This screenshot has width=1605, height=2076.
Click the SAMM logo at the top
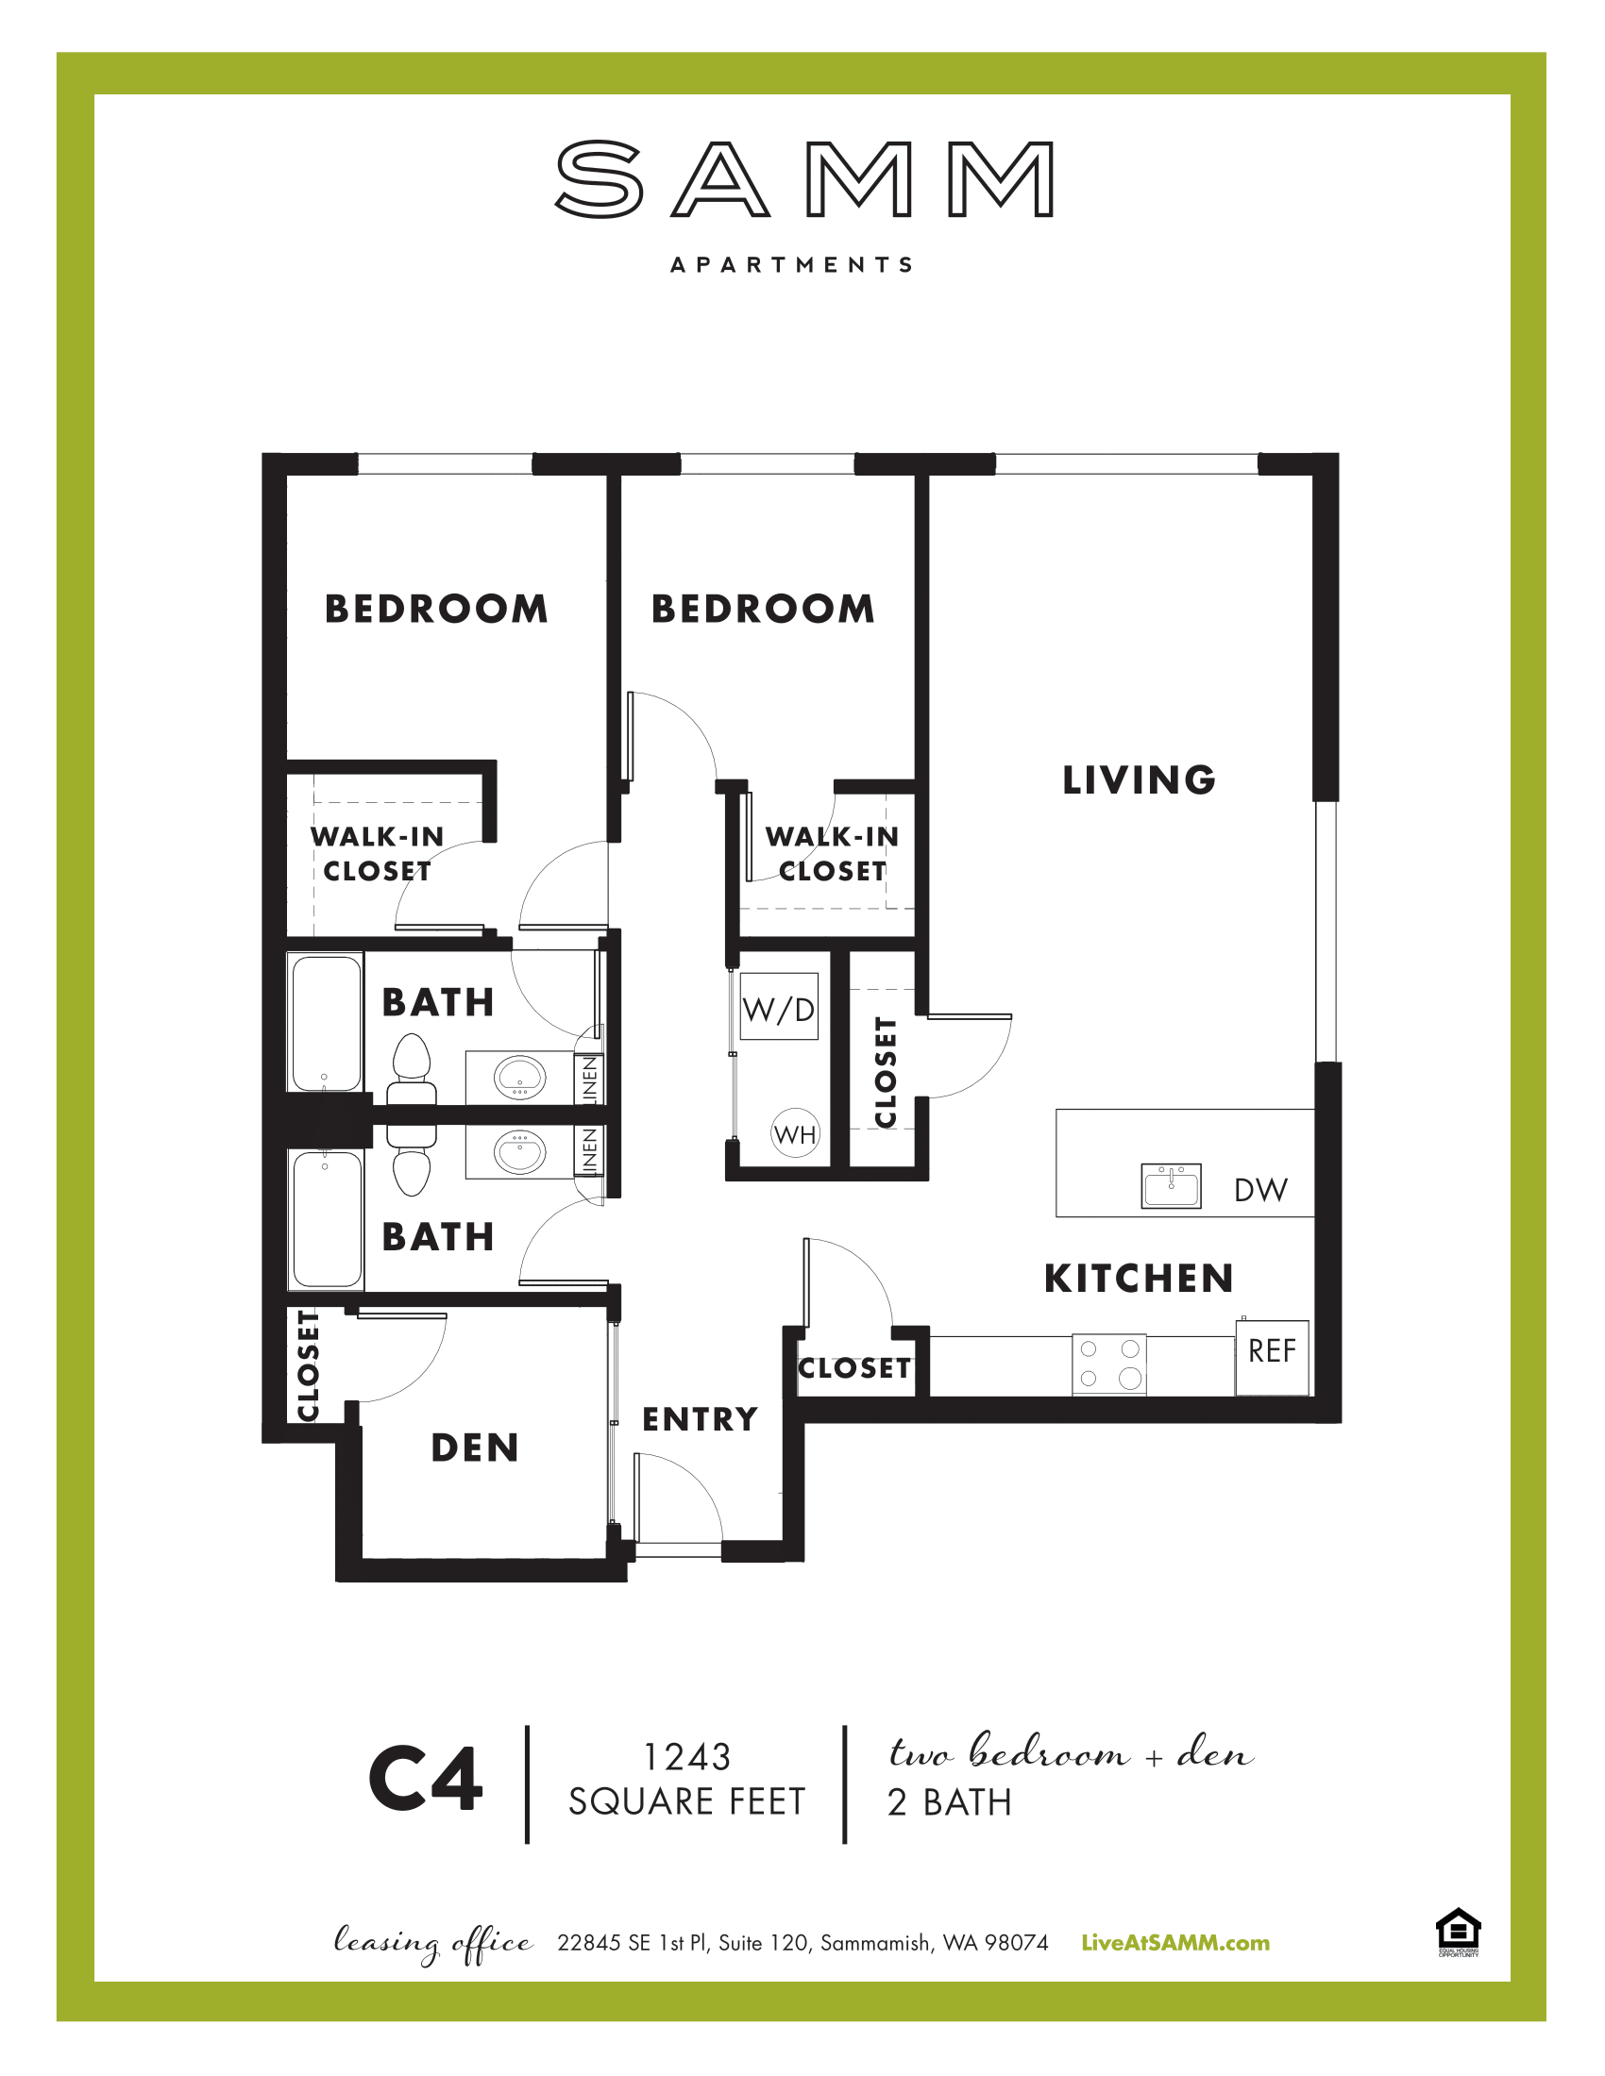coord(803,179)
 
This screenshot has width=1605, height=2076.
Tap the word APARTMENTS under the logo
coord(792,264)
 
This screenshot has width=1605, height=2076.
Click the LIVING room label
coord(1140,779)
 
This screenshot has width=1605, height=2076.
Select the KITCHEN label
coord(1140,1279)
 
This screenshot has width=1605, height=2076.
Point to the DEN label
coord(476,1448)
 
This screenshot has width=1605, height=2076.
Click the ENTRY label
coord(700,1419)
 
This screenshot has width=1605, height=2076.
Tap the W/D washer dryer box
coord(779,1008)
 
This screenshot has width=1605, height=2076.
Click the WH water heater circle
coord(795,1133)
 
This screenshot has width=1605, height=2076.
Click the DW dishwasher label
coord(1260,1189)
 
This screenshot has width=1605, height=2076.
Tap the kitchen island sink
coord(1171,1185)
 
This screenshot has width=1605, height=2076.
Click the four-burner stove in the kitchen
coord(1108,1364)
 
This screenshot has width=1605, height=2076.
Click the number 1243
coord(686,1758)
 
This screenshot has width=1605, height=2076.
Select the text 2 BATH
coord(949,1803)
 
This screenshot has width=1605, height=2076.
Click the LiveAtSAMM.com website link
coord(1175,1943)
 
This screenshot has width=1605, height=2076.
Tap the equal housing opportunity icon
coord(1458,1933)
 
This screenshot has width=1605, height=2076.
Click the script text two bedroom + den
coord(1071,1752)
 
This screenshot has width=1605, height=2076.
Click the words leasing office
coord(432,1943)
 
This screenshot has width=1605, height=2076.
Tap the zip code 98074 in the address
coord(1016,1943)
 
